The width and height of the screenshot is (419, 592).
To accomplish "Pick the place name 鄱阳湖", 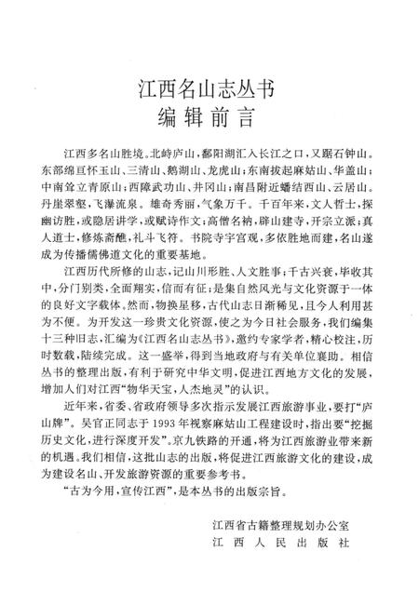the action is tap(194, 152).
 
